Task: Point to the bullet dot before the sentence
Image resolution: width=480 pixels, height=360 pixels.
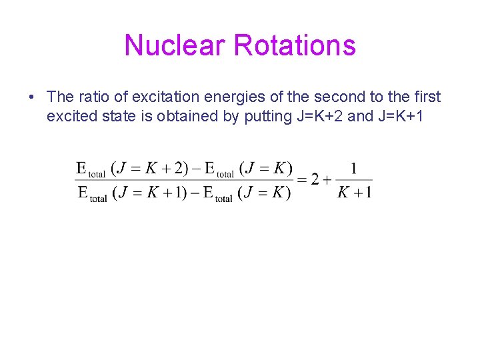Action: point(31,97)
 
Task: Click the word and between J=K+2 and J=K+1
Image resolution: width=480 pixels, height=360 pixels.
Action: point(361,116)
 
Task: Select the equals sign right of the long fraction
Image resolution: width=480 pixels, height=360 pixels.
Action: point(302,180)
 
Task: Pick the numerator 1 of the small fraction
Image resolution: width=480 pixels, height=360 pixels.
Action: point(353,168)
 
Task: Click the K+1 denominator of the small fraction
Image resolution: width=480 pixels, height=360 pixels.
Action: point(354,193)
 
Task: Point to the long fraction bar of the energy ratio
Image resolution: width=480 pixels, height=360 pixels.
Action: point(183,180)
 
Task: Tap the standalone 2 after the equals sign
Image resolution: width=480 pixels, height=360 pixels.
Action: point(314,180)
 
